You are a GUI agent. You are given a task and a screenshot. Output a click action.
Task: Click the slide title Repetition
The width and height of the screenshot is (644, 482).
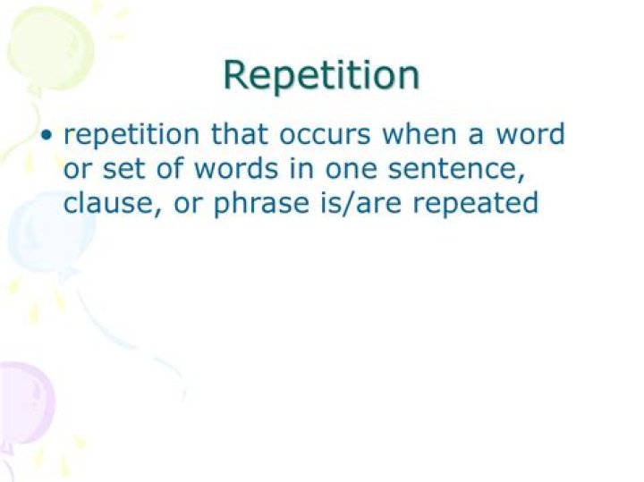point(321,75)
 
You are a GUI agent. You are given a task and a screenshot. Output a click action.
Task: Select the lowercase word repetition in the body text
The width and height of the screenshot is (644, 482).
point(133,136)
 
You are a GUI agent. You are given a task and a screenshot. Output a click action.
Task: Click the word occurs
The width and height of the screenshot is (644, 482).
point(326,136)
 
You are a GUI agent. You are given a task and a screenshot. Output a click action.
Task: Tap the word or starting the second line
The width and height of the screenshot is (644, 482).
point(77,170)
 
